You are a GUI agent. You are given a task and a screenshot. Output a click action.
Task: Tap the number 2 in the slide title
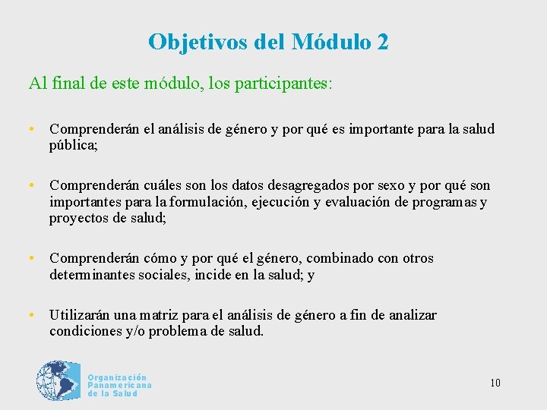[381, 42]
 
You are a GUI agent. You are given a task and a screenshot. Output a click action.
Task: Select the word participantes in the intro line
[283, 82]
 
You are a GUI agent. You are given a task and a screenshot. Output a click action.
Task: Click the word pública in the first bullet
[73, 144]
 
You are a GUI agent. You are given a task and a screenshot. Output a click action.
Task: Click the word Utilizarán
[81, 315]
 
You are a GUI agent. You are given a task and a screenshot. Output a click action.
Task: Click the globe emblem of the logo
[58, 380]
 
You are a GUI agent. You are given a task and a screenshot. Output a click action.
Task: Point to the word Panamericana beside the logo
[119, 386]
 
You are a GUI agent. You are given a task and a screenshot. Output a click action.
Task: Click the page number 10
[495, 383]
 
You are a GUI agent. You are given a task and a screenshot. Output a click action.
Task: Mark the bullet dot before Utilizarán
[32, 315]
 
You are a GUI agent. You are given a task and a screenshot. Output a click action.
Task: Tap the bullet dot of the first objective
[32, 129]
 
